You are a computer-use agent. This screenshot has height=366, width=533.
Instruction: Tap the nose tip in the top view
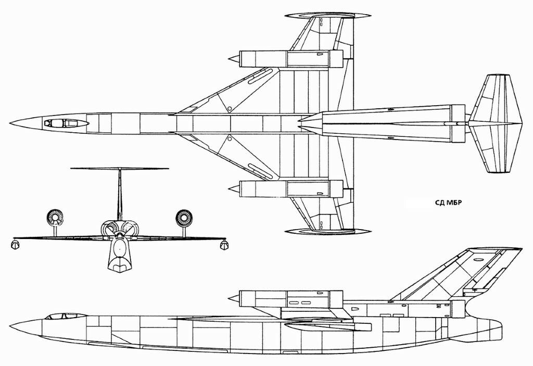[10, 123]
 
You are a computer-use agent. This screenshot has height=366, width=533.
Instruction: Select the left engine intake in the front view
[54, 217]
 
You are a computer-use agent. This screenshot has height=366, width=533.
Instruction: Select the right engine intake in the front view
[185, 218]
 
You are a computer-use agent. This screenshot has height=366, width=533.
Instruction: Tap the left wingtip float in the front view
[15, 245]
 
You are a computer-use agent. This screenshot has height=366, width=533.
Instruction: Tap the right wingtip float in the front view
[223, 245]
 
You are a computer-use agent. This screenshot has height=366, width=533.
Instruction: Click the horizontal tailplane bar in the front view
[120, 168]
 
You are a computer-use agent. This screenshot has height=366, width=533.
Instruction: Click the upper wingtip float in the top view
[328, 16]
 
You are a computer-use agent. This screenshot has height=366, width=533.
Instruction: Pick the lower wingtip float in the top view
[328, 232]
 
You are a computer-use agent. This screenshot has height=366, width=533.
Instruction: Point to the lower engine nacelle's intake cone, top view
[234, 188]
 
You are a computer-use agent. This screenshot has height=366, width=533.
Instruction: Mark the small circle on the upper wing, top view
[230, 109]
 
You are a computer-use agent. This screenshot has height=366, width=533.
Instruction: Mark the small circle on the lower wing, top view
[230, 138]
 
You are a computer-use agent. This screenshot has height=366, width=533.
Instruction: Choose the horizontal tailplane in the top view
[496, 123]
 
